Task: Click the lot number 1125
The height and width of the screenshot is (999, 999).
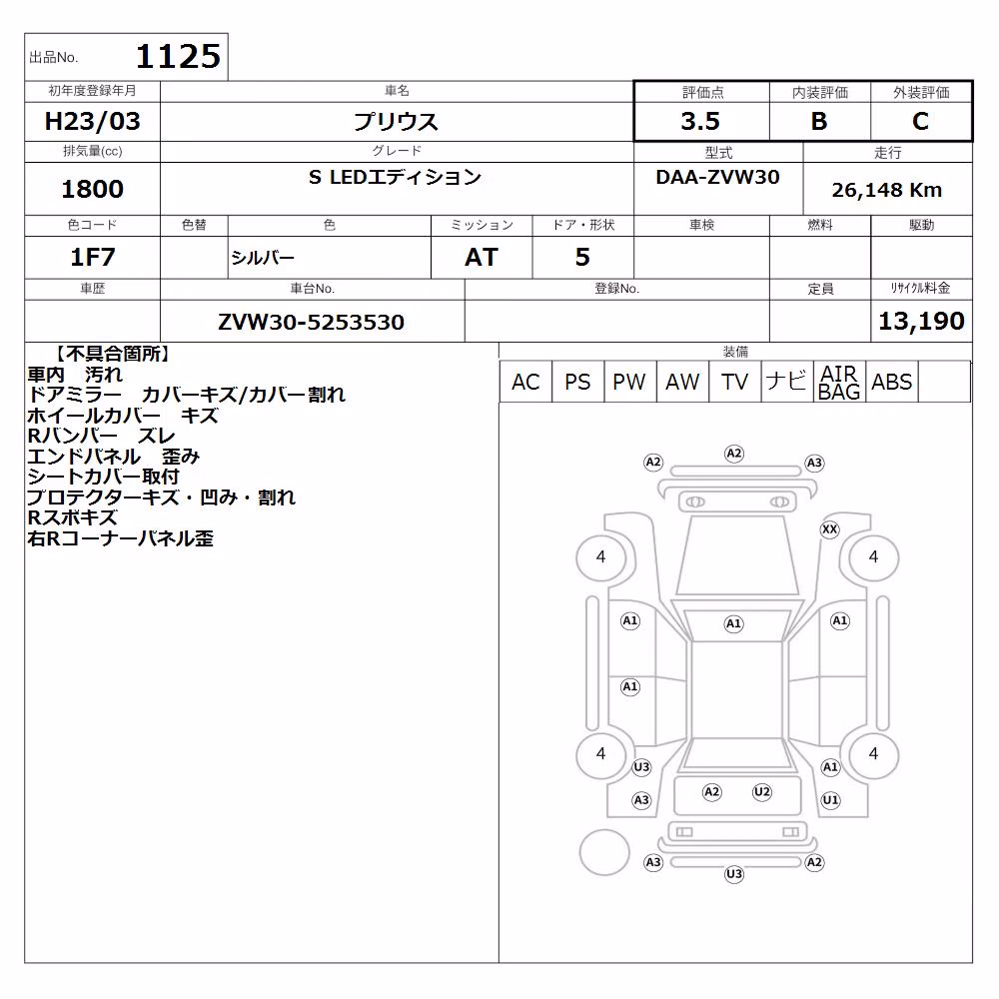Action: (179, 56)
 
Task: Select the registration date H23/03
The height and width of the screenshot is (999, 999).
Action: (92, 121)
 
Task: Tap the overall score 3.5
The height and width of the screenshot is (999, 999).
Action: (700, 121)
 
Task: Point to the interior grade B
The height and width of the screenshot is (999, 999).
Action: (819, 121)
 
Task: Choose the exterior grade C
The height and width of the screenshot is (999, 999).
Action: (920, 121)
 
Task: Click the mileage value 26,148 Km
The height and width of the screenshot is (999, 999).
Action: (887, 190)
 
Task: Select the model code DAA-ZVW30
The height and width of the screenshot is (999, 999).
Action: (717, 177)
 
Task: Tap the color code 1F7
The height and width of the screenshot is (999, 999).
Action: (92, 257)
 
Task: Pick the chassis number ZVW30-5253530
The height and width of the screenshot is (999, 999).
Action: (311, 322)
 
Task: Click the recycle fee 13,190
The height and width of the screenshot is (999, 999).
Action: (921, 321)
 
